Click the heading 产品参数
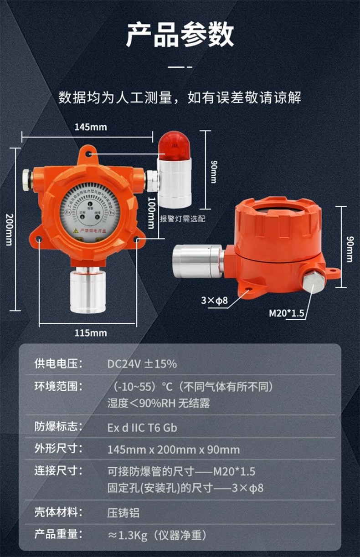(180, 36)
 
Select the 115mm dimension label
(91, 333)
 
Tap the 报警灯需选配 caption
(183, 219)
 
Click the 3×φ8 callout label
(214, 300)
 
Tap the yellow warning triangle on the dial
(76, 231)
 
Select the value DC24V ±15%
(142, 364)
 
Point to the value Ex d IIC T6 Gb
(142, 428)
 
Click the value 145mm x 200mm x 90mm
(173, 450)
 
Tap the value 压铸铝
(123, 513)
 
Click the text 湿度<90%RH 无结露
(158, 404)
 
